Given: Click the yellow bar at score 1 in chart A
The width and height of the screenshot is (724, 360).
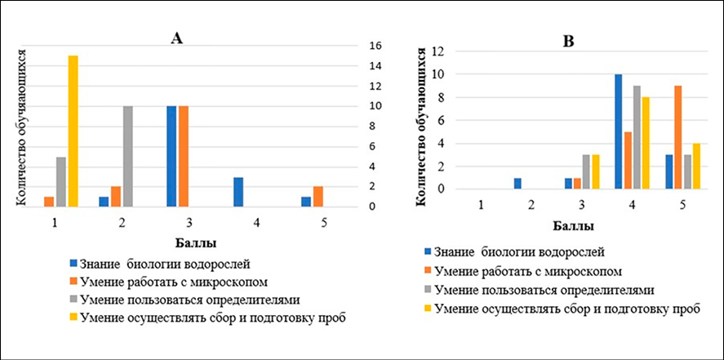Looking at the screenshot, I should (73, 131).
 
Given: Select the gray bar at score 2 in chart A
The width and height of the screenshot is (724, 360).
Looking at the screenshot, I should (127, 156).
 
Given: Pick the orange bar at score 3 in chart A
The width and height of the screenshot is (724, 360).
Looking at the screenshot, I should (183, 156).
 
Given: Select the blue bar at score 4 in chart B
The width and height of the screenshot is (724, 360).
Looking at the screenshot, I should (619, 131).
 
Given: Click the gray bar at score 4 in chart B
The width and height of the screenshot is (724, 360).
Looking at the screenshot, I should (637, 137).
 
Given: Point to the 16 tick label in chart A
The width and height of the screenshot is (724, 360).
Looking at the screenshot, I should (370, 46).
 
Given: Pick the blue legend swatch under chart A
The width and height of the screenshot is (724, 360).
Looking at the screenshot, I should (75, 264).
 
